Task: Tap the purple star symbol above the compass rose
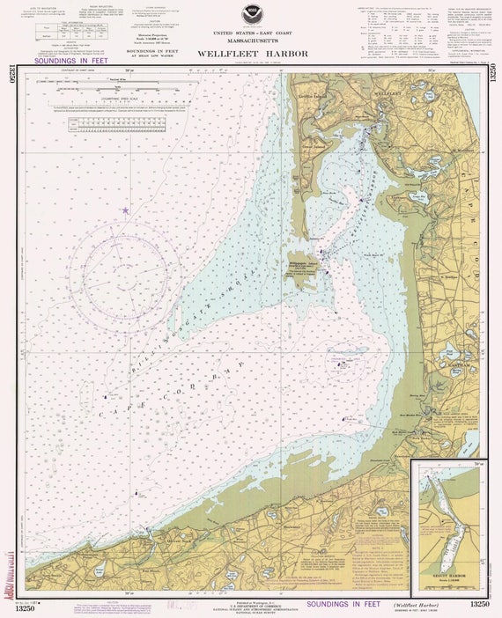(x=125, y=210)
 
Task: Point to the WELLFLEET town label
(x=388, y=92)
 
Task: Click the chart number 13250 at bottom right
(x=478, y=604)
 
